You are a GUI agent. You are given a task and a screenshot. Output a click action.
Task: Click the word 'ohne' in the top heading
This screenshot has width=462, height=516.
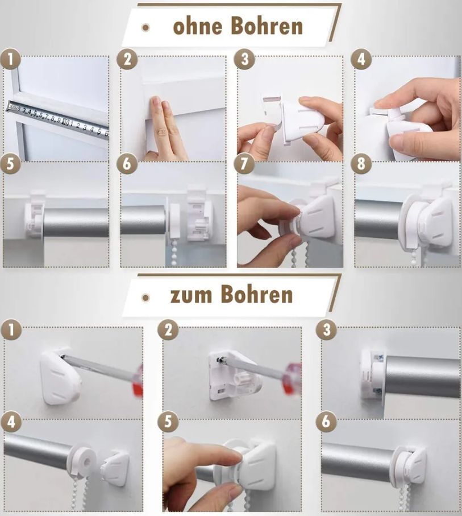[198, 26]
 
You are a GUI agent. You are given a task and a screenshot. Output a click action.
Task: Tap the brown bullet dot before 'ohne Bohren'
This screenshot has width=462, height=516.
[145, 28]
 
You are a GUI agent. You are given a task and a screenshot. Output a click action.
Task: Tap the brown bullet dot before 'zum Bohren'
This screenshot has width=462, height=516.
[145, 298]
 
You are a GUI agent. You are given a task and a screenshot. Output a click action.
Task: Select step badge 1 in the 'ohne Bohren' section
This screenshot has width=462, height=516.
[11, 60]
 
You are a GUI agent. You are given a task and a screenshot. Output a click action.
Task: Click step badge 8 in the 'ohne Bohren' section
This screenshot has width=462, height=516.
[361, 163]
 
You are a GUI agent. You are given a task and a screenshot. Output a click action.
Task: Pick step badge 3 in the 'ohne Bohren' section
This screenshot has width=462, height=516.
[244, 60]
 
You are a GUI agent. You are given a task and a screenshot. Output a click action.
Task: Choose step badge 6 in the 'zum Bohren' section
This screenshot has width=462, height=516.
[326, 421]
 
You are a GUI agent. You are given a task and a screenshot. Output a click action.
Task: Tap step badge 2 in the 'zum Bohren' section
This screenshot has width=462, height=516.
[168, 330]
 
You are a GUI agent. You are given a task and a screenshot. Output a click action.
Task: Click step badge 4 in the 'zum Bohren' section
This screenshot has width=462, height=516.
[11, 421]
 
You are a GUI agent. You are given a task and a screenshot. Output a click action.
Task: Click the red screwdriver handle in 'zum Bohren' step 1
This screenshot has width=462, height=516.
[138, 381]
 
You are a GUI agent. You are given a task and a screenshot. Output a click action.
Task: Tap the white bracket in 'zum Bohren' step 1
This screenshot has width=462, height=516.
[61, 377]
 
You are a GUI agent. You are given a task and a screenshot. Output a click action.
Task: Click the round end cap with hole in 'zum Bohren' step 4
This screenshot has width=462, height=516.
[84, 460]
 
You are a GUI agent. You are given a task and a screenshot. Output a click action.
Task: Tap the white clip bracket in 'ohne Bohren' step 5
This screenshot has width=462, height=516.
[34, 213]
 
